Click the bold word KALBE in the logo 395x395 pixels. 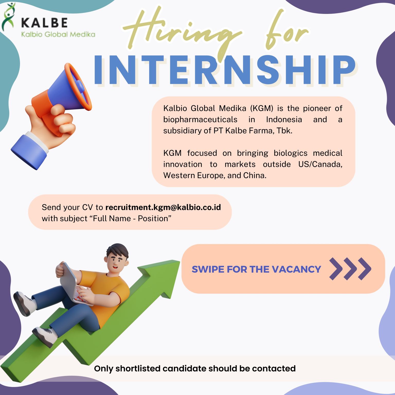pos(44,23)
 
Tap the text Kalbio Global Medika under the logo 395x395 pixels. pos(58,34)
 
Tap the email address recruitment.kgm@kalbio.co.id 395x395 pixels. pos(163,207)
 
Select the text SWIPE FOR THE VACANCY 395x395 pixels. pos(256,269)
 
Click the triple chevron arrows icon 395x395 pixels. pos(350,269)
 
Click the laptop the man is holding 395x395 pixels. pos(75,284)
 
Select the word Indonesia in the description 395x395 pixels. pos(284,120)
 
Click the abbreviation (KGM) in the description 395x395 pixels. pos(262,108)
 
